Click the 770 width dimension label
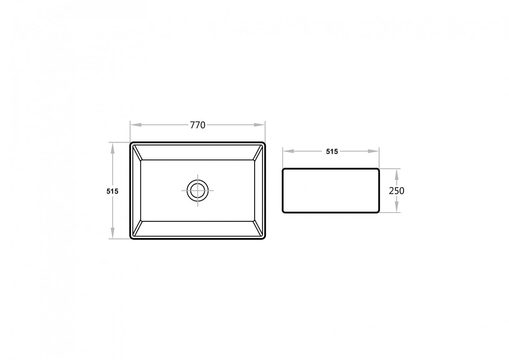(198, 125)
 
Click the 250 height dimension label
(396, 191)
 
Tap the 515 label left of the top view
(112, 191)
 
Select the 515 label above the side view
(332, 151)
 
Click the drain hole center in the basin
(198, 191)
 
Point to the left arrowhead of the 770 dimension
(136, 125)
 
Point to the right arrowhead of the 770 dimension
(259, 125)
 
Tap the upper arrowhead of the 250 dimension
(397, 174)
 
